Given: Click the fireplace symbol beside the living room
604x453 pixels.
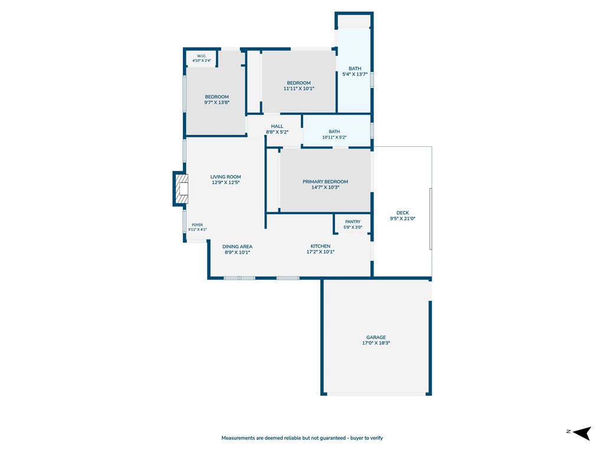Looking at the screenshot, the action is (x=182, y=189).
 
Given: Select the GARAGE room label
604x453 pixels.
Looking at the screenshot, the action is (x=376, y=337).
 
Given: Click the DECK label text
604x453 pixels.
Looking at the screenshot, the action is (x=402, y=212).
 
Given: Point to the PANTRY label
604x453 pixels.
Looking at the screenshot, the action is (x=353, y=222).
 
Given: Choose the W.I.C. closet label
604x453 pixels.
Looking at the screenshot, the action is (x=202, y=56).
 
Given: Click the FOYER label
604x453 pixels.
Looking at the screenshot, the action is (x=197, y=225).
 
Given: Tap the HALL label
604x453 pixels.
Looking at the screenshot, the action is (x=277, y=126).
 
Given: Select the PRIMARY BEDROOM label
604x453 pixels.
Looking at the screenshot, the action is (x=325, y=182).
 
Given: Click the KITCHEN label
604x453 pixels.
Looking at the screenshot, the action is (x=320, y=246).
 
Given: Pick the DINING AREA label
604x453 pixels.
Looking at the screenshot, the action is (x=237, y=247).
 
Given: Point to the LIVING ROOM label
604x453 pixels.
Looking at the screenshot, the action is (x=225, y=177).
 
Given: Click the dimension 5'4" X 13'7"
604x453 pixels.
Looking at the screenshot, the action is (x=354, y=74).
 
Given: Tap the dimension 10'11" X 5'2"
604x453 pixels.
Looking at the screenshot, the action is (x=334, y=137).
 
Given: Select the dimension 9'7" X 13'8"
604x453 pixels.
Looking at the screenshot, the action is (x=217, y=103).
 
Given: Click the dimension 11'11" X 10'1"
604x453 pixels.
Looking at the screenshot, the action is (x=299, y=88).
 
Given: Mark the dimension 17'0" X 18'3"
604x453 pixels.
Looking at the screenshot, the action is (x=376, y=343).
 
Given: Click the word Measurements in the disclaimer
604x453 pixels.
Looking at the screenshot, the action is (x=238, y=438).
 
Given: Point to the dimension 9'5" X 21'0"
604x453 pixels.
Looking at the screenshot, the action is (x=402, y=218).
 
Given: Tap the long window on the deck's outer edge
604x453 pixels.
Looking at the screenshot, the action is (x=431, y=219).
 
